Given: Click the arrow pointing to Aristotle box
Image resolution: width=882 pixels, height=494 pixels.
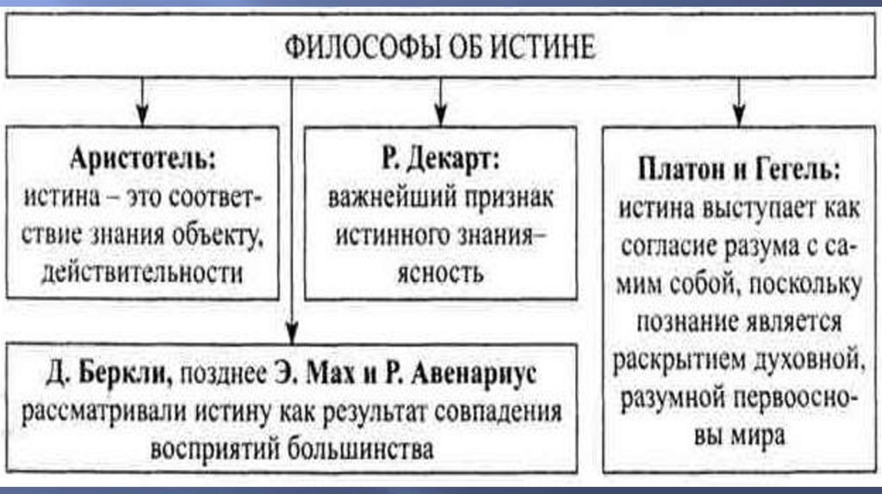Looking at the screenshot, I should tap(143, 112).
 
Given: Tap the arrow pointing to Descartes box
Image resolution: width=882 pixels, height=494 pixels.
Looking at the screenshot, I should tap(440, 112).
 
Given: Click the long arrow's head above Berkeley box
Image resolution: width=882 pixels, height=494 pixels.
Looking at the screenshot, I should tap(292, 330).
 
